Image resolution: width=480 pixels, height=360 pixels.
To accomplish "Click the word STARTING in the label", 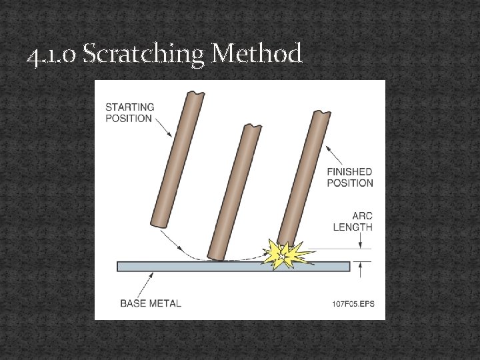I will (x=129, y=107).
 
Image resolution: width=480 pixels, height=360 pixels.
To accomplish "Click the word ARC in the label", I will (x=363, y=215).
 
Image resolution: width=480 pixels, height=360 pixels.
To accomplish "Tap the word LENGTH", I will (x=353, y=227).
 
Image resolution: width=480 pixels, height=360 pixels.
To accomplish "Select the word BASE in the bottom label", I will (x=133, y=303).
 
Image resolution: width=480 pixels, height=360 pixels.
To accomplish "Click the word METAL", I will (x=165, y=303).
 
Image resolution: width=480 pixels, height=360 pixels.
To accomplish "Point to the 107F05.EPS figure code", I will (x=353, y=304).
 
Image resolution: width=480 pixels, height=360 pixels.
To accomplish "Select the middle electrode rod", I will (x=233, y=193).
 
